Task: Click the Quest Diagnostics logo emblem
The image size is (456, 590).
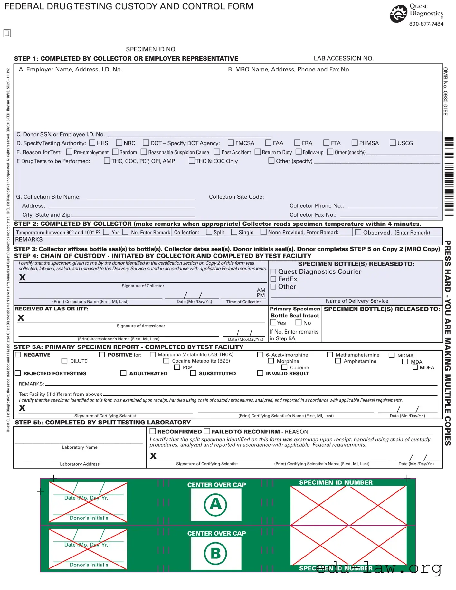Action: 398,14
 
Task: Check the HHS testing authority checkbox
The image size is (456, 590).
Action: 92,143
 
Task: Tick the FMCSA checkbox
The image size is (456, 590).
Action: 231,143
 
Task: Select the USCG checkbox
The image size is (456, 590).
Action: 393,143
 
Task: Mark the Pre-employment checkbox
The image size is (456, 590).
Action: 69,152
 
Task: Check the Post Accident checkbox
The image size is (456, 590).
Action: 217,152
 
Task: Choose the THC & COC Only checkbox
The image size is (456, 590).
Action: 192,160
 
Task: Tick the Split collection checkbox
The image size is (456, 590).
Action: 209,232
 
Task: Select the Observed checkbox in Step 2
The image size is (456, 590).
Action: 358,232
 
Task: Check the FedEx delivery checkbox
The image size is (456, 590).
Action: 273,279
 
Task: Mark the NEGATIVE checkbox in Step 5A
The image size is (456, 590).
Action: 18,355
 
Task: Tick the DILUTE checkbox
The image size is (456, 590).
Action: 64,361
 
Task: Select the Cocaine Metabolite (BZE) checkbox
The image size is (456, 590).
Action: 166,361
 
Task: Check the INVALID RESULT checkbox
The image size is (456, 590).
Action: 260,373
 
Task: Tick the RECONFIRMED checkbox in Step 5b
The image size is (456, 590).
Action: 153,431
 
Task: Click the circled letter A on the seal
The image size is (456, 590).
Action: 216,504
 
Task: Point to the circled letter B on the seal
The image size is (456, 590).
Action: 216,553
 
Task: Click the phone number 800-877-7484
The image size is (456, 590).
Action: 426,24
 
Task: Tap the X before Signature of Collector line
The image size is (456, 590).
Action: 22,277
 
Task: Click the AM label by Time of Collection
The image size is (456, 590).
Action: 261,290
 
